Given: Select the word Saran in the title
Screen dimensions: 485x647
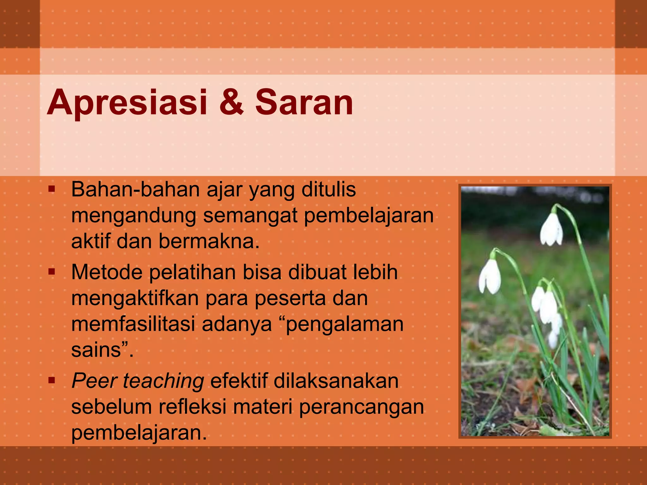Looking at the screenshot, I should pos(304,103).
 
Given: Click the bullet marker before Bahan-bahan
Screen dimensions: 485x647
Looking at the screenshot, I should pos(52,189).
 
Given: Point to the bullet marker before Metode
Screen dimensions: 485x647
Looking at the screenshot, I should pos(52,272).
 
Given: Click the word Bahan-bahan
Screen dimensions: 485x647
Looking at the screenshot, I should pos(136,189).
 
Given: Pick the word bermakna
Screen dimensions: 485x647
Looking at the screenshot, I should pos(209,241).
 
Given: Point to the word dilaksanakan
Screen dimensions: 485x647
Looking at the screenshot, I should pos(336,381).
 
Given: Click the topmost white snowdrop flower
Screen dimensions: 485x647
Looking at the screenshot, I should pos(551,229).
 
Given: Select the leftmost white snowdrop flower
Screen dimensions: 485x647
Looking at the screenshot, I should pos(490,276).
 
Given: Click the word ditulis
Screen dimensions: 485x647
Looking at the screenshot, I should pos(329,189).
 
